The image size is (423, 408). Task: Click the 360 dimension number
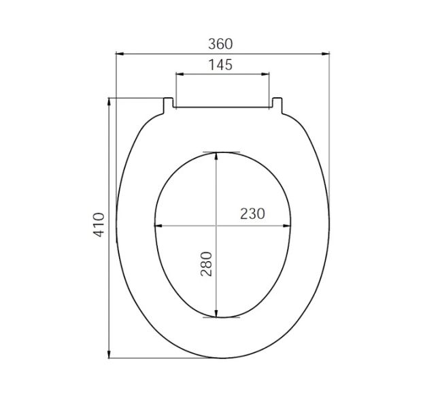221,44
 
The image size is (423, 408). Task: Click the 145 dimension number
221,65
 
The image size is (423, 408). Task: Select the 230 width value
252,214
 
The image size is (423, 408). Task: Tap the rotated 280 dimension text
207,263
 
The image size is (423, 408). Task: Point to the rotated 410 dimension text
99,224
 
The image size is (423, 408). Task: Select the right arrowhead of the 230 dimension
288,226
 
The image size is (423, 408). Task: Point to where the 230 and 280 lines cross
216,226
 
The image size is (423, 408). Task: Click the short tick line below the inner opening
221,317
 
